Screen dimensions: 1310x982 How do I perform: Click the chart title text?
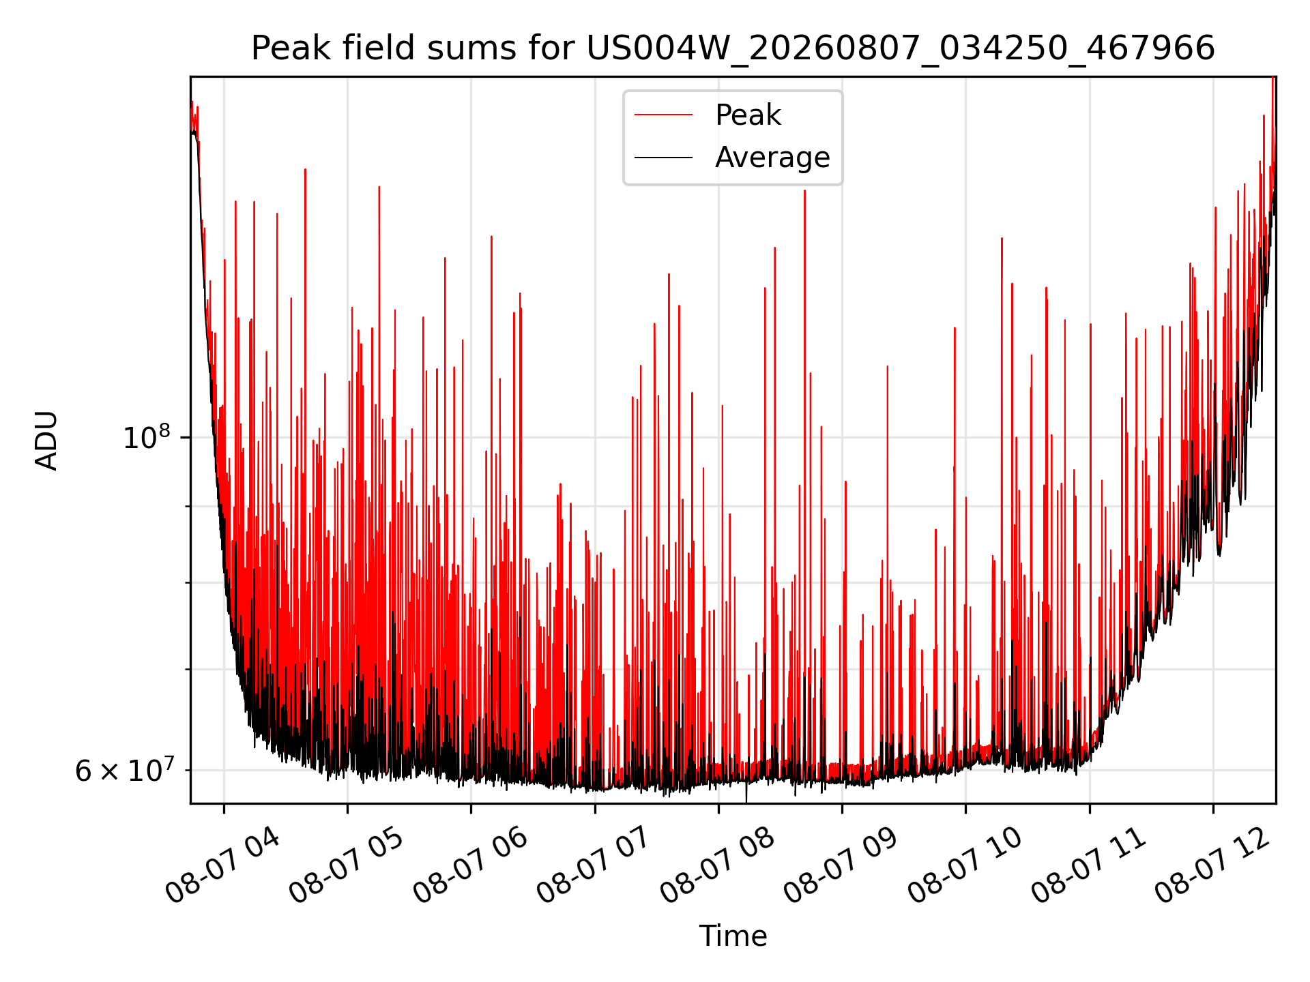click(x=733, y=48)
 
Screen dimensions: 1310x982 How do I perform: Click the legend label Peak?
click(x=748, y=115)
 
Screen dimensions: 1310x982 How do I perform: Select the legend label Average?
click(x=772, y=158)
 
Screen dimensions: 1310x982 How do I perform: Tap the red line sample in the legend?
click(x=663, y=115)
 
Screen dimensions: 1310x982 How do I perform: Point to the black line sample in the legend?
click(x=663, y=158)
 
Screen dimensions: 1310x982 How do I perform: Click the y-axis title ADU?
click(x=46, y=440)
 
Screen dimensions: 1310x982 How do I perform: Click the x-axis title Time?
click(x=733, y=936)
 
